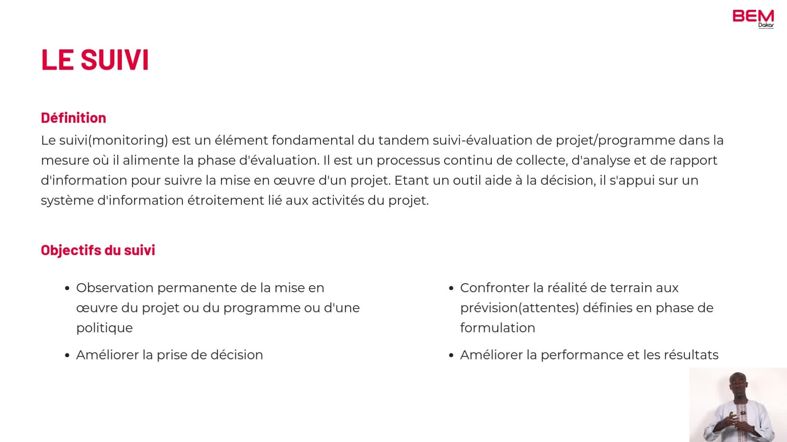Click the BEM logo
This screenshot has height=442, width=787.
[753, 16]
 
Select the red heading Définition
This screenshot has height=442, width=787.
[73, 118]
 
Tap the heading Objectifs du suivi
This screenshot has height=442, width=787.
[98, 250]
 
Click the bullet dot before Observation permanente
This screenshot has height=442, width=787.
[67, 289]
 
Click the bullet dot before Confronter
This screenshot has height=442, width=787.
[451, 289]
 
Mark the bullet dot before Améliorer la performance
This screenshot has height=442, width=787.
[451, 356]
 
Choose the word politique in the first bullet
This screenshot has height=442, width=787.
[105, 328]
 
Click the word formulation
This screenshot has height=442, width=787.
[498, 328]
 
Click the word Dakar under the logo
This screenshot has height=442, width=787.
[766, 25]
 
